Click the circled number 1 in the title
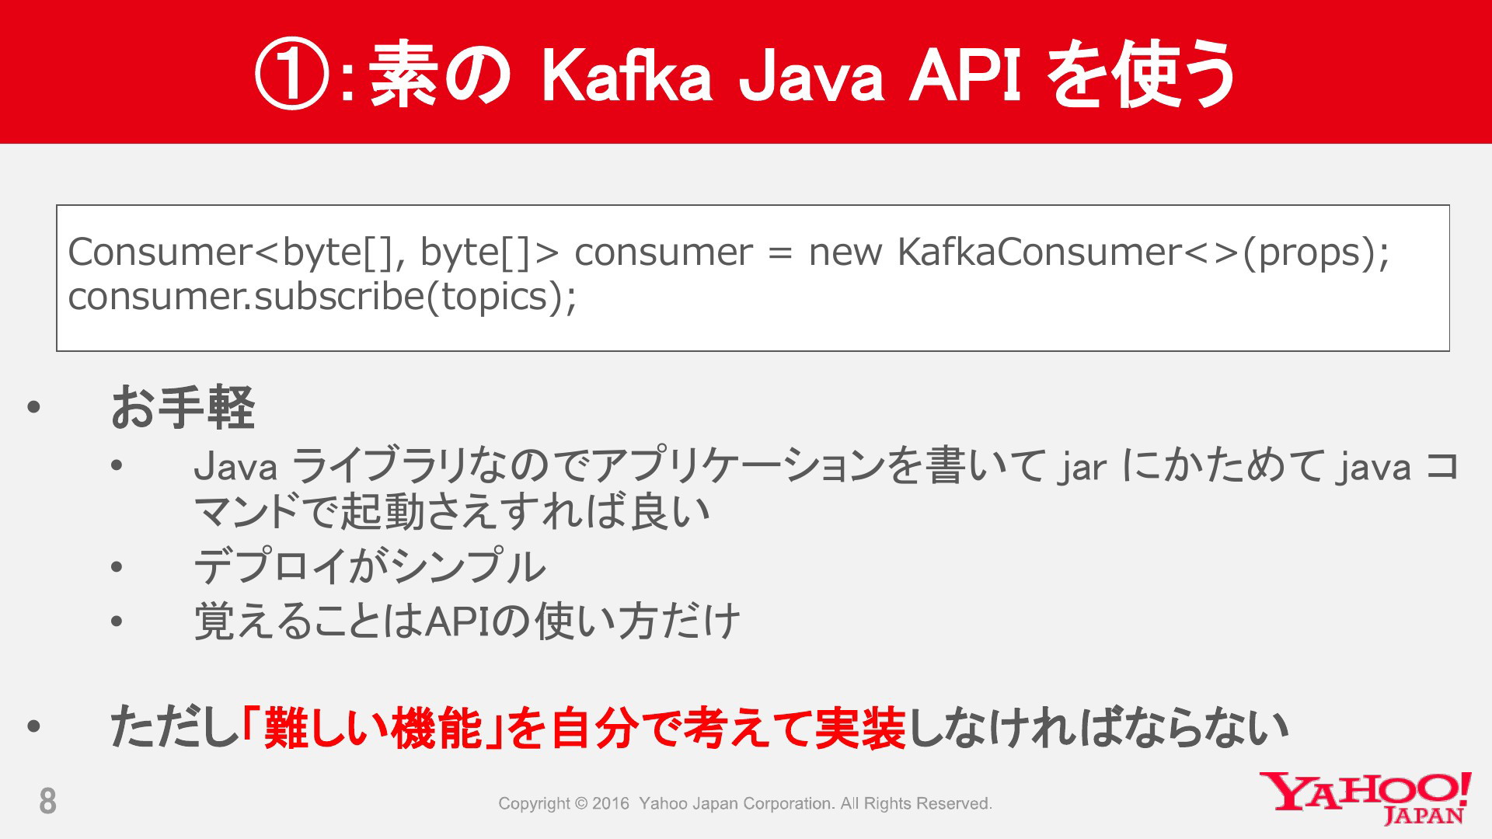coord(293,75)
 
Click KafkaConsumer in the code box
coord(1038,252)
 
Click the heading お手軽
coord(183,407)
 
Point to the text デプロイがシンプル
coord(370,566)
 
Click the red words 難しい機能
coord(373,728)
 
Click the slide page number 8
coord(47,801)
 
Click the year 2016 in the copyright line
coord(610,803)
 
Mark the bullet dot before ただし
coord(33,728)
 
